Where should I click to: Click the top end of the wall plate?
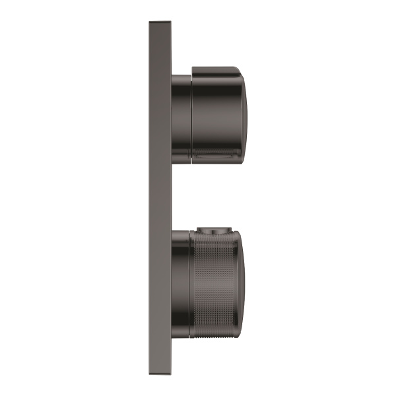(160, 24)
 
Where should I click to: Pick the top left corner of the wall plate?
(149, 21)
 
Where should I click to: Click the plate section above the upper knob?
(160, 46)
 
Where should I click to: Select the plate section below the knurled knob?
(160, 350)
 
